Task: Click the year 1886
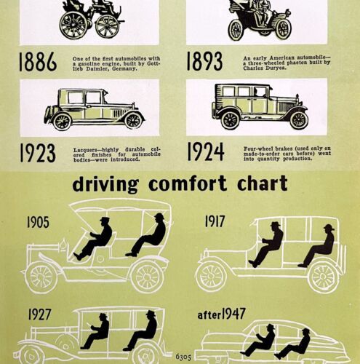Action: (38, 61)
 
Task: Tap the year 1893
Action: (204, 61)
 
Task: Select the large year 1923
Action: (38, 153)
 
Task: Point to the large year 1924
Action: (206, 151)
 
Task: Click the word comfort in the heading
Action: (188, 183)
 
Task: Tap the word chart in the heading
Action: (263, 183)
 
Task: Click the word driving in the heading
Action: (105, 184)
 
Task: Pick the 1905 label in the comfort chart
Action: (38, 222)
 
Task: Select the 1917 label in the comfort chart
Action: (215, 221)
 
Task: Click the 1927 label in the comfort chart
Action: (40, 314)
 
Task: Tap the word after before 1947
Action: (209, 315)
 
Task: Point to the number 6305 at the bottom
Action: (183, 357)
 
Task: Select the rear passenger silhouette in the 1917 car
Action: (318, 245)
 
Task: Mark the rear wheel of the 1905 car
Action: (147, 277)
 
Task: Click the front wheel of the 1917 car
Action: (211, 277)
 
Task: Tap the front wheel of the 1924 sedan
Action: (299, 120)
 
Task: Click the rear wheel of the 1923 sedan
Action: (62, 122)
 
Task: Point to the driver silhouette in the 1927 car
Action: (96, 331)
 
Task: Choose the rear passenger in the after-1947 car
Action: (293, 344)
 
